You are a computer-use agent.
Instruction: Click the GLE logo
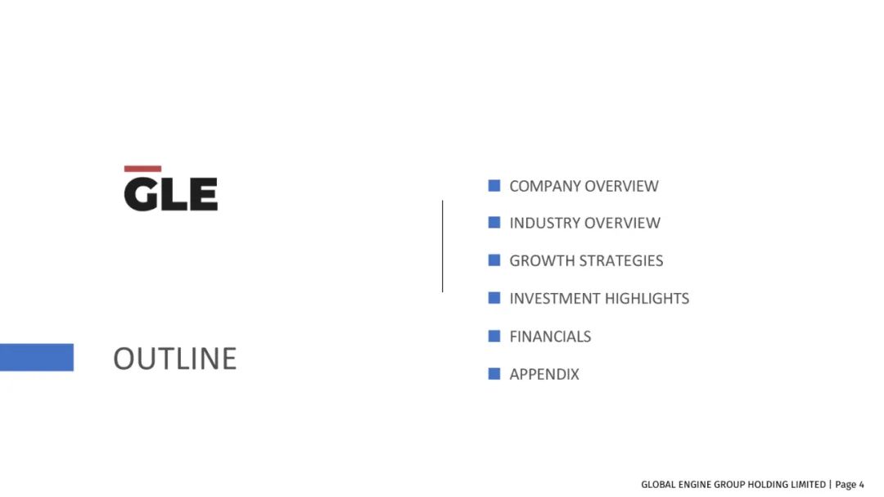click(171, 189)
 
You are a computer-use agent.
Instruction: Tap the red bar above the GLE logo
click(142, 169)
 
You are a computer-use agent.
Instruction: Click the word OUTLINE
click(175, 359)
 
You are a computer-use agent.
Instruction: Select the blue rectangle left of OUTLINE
click(37, 357)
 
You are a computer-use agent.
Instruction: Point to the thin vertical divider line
click(443, 246)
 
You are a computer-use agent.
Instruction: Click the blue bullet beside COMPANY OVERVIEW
click(494, 186)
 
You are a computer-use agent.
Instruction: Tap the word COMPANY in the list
click(544, 186)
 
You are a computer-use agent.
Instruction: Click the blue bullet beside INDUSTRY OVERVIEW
click(494, 222)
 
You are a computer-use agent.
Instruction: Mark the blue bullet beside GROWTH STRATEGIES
click(494, 260)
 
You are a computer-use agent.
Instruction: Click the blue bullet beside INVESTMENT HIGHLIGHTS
click(494, 298)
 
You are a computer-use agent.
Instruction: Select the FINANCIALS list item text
click(550, 337)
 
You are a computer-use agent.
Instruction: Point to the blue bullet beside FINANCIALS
click(494, 337)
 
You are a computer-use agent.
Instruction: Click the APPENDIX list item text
click(544, 374)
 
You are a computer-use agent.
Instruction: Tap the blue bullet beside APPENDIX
click(494, 373)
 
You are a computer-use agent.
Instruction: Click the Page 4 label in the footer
click(850, 485)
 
